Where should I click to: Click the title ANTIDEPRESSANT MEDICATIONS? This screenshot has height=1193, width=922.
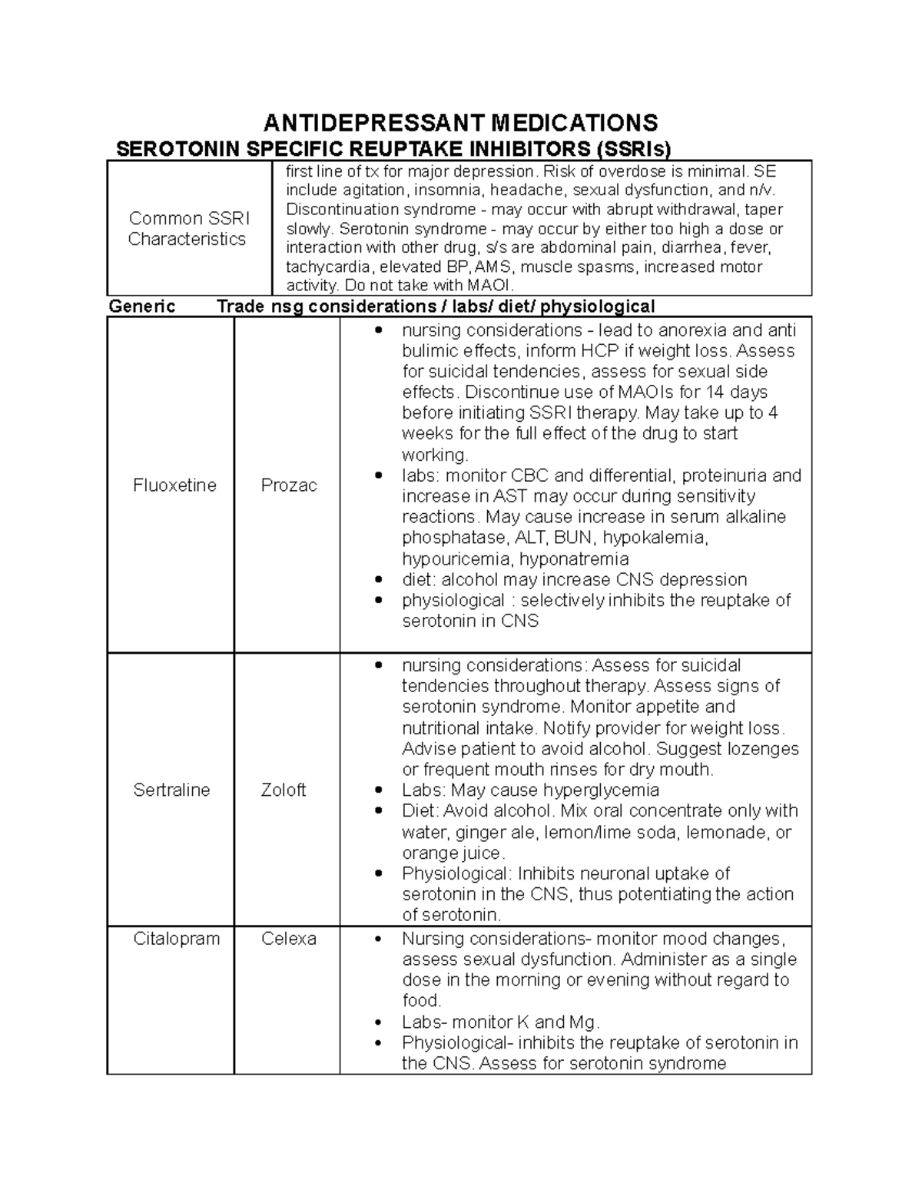tap(461, 122)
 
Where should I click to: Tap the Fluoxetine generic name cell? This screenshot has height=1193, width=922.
tap(174, 485)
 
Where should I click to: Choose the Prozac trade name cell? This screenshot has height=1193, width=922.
tap(289, 485)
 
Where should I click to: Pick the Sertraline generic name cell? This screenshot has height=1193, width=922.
tap(171, 790)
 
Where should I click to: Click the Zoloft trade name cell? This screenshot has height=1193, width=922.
tap(284, 790)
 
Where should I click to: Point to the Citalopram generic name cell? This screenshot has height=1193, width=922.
tap(176, 939)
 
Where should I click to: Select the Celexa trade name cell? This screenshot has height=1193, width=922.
tap(289, 939)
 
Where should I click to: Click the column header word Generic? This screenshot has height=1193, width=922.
tap(142, 307)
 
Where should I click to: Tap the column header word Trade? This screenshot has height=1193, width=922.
tap(240, 307)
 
